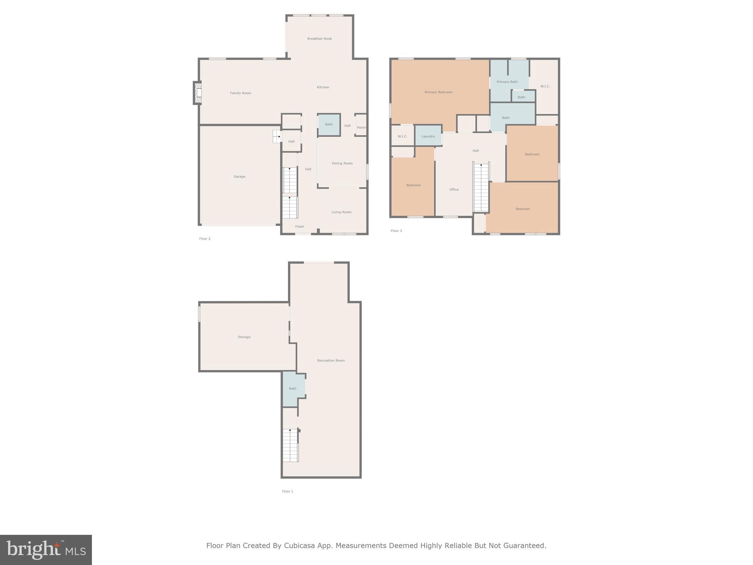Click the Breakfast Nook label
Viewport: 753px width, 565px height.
[x=319, y=39]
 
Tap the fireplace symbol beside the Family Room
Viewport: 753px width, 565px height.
[x=198, y=93]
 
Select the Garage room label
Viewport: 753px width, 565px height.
[x=239, y=177]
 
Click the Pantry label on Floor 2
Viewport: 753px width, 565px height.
[x=361, y=128]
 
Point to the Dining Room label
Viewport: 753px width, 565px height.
[x=342, y=163]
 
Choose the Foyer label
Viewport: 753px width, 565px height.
[x=299, y=227]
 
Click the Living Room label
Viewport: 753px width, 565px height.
[x=341, y=212]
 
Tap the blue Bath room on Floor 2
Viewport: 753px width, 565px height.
[x=329, y=125]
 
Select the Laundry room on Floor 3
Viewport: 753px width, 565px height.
[x=428, y=136]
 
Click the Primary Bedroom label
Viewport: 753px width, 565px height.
[x=438, y=92]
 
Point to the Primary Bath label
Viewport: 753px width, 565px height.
[x=507, y=82]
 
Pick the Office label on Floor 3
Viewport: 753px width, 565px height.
[x=454, y=189]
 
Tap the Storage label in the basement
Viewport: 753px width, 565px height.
[x=244, y=337]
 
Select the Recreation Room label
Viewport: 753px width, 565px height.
[x=331, y=360]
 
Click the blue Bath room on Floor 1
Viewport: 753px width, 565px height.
[x=293, y=388]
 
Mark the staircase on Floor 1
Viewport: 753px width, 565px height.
[x=290, y=445]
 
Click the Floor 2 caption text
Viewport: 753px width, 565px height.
[x=205, y=239]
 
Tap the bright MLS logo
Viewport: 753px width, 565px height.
[x=46, y=550]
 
